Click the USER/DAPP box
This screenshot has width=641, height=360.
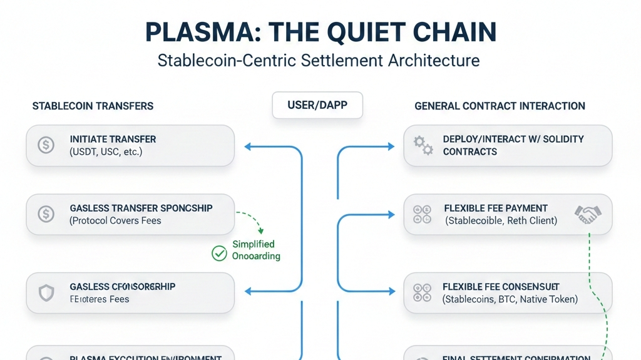point(317,105)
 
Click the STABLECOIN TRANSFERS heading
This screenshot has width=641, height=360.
point(93,106)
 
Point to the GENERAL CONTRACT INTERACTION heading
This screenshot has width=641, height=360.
point(500,106)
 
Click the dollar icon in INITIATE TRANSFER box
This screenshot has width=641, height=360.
point(46,145)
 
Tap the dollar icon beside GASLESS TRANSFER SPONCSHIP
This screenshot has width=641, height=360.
point(46,214)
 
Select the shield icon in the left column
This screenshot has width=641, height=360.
point(46,292)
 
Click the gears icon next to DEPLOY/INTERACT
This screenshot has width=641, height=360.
point(423,145)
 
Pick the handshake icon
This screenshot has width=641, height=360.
point(588,215)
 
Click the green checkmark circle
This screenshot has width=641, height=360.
point(219,253)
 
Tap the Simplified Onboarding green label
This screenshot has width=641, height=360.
point(255,250)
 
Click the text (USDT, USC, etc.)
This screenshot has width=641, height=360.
point(106,152)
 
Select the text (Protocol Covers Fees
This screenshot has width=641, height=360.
point(115,220)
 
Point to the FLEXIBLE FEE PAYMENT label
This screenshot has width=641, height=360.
point(495,208)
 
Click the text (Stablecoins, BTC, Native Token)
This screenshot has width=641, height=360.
point(510,299)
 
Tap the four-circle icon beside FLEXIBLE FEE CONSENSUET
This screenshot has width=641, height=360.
point(423,292)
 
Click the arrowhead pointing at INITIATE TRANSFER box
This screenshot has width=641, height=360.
point(247,147)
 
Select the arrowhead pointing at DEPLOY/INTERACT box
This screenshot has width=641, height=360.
point(392,147)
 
